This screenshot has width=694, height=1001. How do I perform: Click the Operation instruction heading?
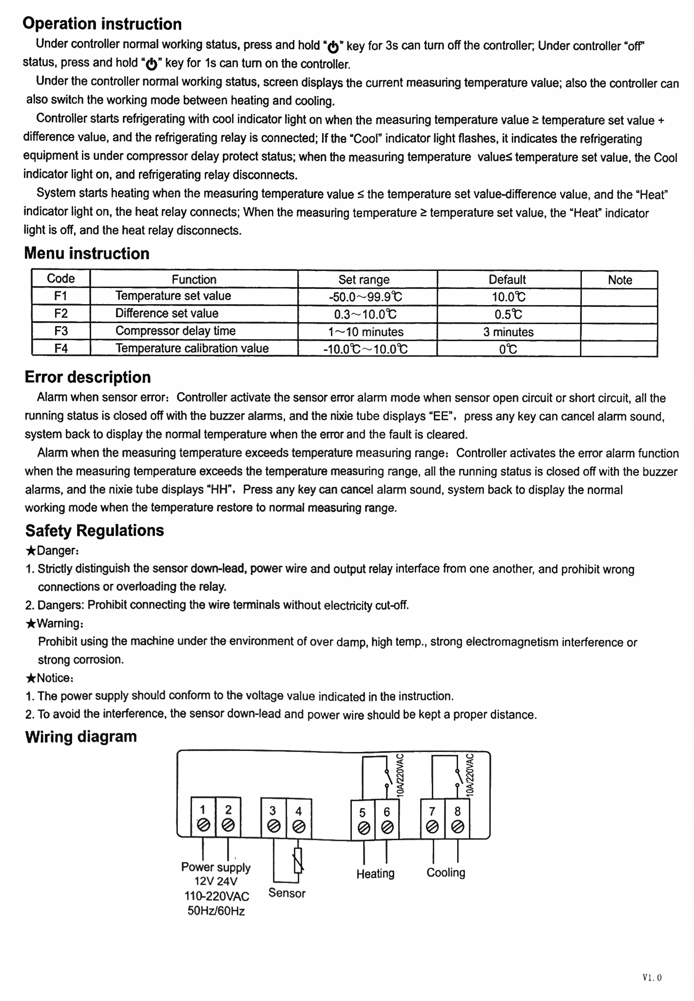coord(102,24)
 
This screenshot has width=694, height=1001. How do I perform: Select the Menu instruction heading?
coord(87,253)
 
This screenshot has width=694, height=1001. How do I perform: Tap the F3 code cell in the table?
coord(61,331)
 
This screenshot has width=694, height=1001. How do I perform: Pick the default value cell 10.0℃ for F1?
coord(508,297)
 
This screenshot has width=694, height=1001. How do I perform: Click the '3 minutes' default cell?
coord(508,332)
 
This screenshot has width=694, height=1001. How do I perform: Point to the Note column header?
coord(619,280)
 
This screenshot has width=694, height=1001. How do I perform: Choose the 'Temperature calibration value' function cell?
coord(192,348)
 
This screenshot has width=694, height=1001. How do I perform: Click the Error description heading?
coord(88,377)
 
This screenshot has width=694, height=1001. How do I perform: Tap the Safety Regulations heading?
coord(95,530)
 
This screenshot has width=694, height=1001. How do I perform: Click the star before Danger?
coord(30,551)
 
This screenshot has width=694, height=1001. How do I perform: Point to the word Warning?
coord(58,623)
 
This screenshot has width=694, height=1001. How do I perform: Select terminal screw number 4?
coord(299,826)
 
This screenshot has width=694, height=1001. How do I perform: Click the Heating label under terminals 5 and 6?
coord(375,873)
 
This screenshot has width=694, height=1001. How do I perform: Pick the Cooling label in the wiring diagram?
coord(445,872)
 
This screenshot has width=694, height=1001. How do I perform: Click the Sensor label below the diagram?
coord(287,893)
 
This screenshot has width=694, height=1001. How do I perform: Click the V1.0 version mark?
coord(652,977)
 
